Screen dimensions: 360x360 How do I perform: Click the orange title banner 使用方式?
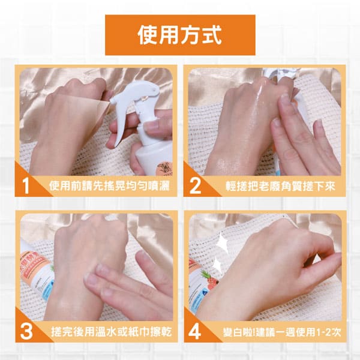[180, 35]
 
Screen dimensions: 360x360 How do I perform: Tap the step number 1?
[26, 186]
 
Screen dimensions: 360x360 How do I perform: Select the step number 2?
[196, 186]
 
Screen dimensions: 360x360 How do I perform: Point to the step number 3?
[26, 332]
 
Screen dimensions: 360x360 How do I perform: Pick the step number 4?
[194, 332]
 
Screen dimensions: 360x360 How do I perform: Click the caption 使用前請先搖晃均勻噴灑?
[109, 186]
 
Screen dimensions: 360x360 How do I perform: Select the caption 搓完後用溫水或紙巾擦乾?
[111, 332]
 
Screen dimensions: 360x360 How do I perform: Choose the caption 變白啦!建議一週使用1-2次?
[282, 332]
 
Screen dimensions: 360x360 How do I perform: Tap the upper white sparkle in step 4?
[222, 242]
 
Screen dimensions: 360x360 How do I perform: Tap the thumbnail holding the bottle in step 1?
[152, 126]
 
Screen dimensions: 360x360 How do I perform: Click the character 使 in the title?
[148, 35]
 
